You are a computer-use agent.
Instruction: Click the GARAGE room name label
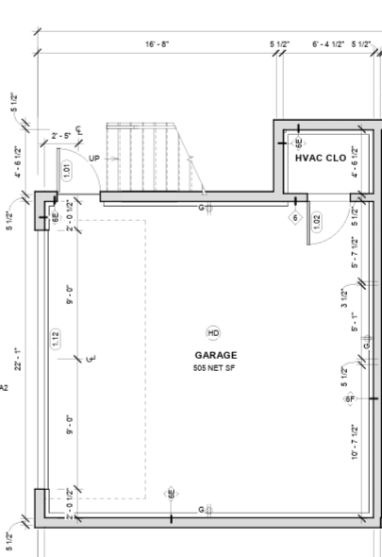[x=211, y=355]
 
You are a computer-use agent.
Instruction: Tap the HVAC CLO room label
[x=321, y=159]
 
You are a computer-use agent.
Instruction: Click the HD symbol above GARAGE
[x=212, y=333]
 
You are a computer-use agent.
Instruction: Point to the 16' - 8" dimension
[x=157, y=44]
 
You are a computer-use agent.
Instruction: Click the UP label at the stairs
[x=93, y=159]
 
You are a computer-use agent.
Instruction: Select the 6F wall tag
[x=350, y=399]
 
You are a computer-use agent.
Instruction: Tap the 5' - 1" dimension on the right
[x=355, y=324]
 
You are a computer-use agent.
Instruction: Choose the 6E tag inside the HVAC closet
[x=299, y=144]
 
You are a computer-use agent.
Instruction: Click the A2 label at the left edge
[x=4, y=386]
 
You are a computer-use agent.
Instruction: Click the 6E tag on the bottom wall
[x=171, y=493]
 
